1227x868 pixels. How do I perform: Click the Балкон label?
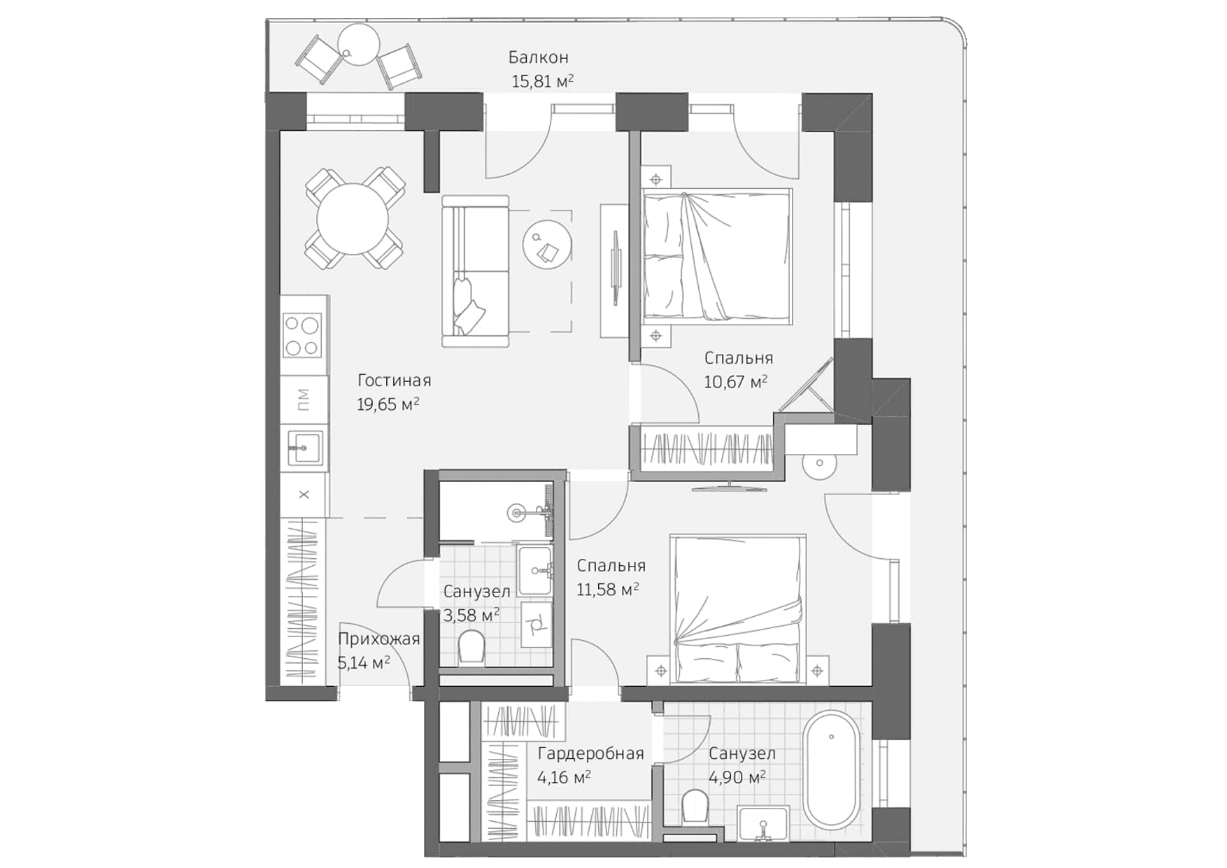coord(538,57)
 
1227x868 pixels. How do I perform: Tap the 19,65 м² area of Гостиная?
coord(388,404)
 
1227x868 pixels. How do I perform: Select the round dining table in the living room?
coord(353,219)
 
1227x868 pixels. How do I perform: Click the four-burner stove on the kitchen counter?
coord(302,335)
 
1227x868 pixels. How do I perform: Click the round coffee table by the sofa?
coord(547,243)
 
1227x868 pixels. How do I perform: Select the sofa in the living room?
coord(474,271)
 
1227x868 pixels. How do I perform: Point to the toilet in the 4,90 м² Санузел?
coord(695,806)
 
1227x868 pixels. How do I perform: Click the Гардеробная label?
coord(590,753)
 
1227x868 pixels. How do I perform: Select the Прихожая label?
coord(378,639)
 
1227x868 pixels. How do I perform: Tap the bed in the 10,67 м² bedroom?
coord(718,255)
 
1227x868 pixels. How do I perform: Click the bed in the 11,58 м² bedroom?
coord(738,609)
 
